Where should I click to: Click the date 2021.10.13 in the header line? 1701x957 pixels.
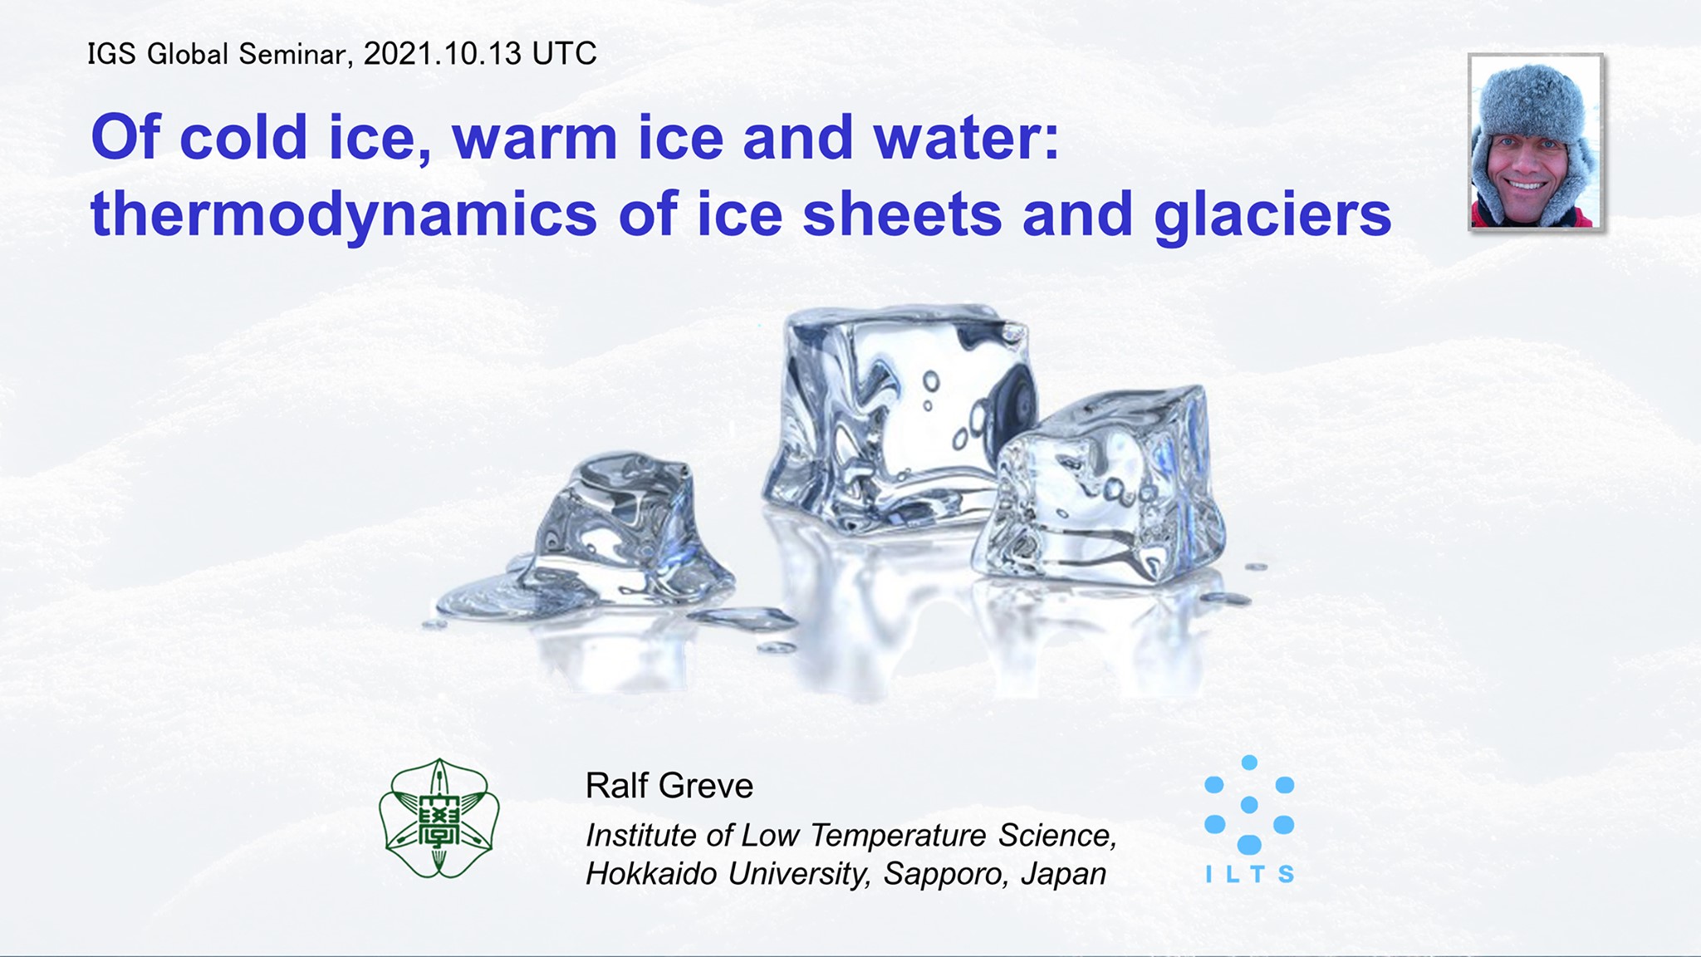[x=443, y=54]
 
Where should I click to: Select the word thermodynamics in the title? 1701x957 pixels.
[x=344, y=215]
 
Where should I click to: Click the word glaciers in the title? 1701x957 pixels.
[x=1272, y=215]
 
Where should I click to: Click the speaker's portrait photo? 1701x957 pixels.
[x=1536, y=142]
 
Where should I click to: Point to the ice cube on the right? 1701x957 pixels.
[x=1100, y=485]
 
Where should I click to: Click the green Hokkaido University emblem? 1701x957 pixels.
[x=439, y=818]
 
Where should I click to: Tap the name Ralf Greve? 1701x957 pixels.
[x=669, y=785]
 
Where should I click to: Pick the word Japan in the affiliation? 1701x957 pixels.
[x=1064, y=874]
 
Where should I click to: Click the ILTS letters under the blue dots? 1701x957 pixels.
[x=1249, y=874]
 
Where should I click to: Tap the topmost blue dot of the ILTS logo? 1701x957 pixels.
[x=1249, y=763]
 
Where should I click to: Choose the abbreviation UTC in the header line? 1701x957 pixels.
[x=565, y=54]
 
